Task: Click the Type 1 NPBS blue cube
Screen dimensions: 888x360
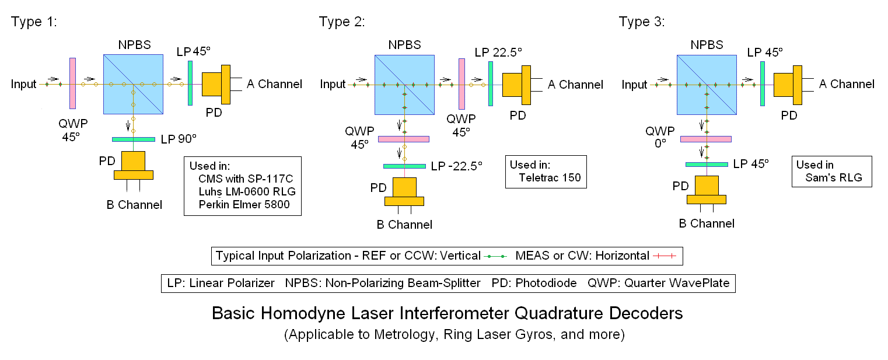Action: (133, 84)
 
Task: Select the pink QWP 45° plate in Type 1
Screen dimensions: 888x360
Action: (72, 83)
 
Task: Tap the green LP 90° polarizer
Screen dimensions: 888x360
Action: (134, 139)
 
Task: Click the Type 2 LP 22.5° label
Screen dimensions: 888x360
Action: (498, 53)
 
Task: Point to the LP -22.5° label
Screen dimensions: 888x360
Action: (457, 166)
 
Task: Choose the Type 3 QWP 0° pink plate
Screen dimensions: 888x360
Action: (706, 139)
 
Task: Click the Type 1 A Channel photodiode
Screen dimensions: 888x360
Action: (216, 85)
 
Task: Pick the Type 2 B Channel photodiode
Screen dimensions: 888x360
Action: (404, 191)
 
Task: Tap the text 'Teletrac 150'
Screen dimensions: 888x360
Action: (550, 177)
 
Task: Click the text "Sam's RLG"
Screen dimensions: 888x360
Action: (834, 177)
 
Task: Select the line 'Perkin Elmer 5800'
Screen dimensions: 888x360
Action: (244, 204)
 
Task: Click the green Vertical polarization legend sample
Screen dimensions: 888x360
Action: (495, 256)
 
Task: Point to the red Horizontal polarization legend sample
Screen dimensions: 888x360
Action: (665, 256)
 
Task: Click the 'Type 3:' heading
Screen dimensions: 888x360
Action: (642, 22)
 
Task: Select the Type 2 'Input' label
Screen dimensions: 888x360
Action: (333, 84)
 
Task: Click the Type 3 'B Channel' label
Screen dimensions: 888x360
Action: (707, 223)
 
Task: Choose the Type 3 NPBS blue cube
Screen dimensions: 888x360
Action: (707, 85)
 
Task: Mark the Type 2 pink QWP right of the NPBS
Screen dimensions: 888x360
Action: (462, 84)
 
